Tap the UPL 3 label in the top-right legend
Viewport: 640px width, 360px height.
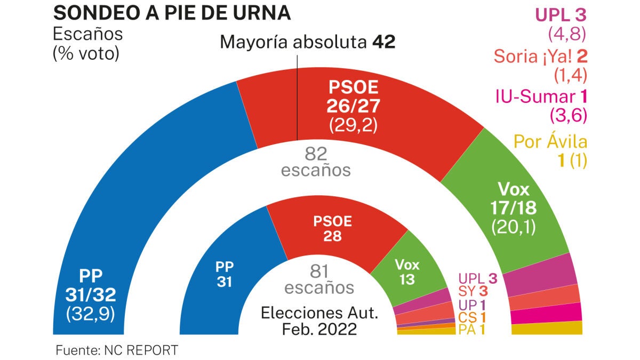(560, 15)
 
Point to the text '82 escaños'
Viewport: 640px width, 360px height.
(316, 163)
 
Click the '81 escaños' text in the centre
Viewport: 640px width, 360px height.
(319, 280)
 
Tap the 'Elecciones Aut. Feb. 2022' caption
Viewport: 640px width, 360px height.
(319, 321)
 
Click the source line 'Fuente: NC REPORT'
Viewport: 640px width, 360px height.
(117, 350)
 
